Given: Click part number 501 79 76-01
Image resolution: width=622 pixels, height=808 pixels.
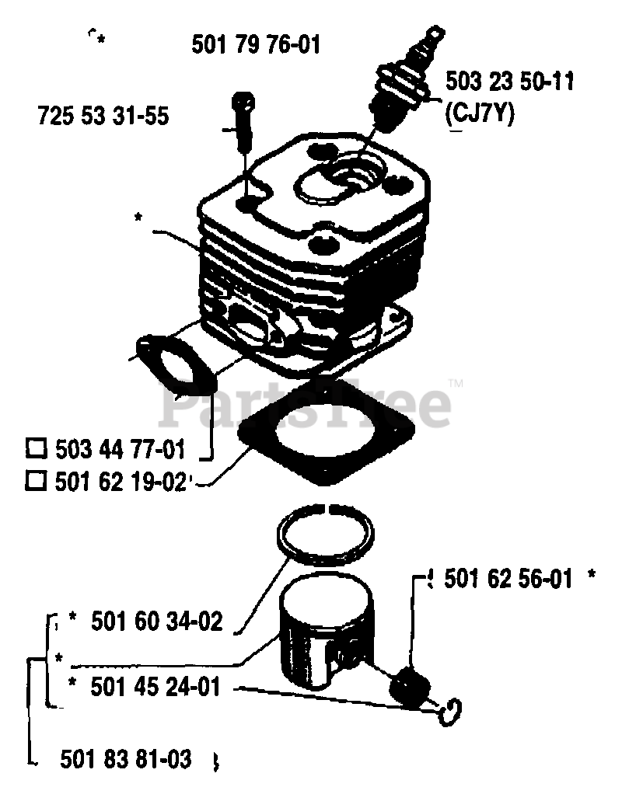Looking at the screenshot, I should [255, 45].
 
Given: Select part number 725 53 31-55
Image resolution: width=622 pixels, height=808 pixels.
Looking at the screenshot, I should [103, 116].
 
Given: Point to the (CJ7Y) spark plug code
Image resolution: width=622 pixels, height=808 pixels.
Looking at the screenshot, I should [480, 113].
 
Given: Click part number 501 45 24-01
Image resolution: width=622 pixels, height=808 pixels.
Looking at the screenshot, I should [155, 687].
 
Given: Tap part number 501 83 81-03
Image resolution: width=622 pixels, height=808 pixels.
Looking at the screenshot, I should [125, 758].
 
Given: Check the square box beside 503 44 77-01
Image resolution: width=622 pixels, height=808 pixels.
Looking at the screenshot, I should [35, 448].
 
